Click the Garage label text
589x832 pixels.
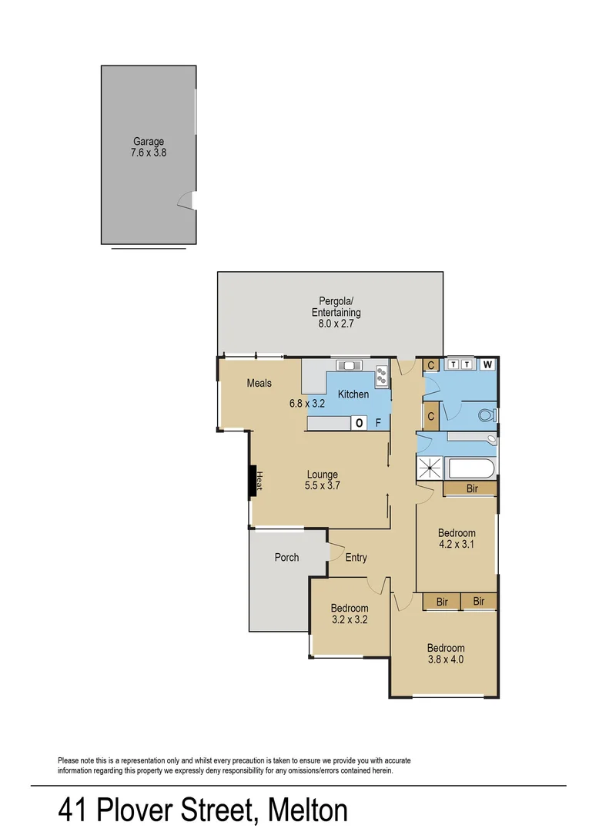point(149,142)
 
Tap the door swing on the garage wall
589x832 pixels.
point(186,201)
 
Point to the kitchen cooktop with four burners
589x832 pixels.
point(381,376)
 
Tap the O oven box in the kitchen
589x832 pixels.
point(359,422)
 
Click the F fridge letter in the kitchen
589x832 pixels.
point(378,422)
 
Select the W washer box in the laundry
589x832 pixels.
point(487,365)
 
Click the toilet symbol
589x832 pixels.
point(486,415)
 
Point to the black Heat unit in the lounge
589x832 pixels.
point(251,481)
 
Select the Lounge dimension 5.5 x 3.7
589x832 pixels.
point(323,486)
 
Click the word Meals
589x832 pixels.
point(259,383)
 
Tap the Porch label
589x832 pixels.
point(286,558)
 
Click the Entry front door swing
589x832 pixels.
point(335,552)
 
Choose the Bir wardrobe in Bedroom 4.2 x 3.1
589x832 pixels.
point(471,489)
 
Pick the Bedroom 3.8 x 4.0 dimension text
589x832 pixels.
point(446,659)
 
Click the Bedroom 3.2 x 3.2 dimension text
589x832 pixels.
point(350,619)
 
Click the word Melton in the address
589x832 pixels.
point(308,810)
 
